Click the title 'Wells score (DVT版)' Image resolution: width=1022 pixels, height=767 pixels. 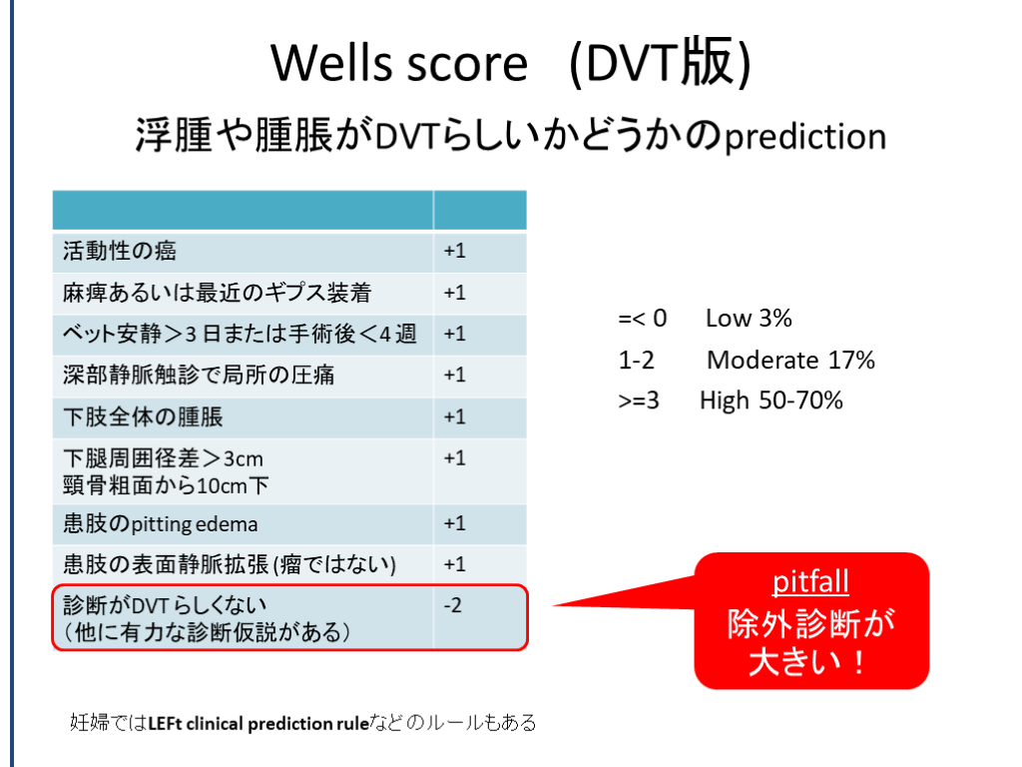click(x=511, y=63)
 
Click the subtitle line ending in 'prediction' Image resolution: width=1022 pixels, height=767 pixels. click(x=511, y=136)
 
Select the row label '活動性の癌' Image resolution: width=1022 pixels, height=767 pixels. click(x=120, y=251)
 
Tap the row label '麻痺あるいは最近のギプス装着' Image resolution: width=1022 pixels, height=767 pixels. click(x=217, y=293)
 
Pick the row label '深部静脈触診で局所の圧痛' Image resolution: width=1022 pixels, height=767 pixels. click(x=199, y=376)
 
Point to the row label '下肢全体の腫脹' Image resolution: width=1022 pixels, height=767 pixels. click(x=143, y=416)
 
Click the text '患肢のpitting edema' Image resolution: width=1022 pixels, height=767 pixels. click(x=161, y=523)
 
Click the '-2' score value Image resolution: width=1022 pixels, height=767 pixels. click(x=453, y=605)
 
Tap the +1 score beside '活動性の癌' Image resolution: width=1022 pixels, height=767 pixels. click(x=455, y=251)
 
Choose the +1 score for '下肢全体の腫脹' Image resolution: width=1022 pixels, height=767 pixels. click(x=455, y=416)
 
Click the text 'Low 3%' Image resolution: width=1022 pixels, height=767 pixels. click(x=749, y=319)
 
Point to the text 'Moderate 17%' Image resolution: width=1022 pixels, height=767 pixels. click(x=790, y=360)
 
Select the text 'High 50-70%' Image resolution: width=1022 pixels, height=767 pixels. click(x=771, y=400)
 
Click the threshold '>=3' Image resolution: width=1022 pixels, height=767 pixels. click(x=639, y=400)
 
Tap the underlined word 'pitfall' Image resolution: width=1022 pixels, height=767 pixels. click(x=810, y=582)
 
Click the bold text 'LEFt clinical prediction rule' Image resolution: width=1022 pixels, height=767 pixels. click(x=258, y=723)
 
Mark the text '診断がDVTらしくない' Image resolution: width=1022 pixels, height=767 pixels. click(x=165, y=606)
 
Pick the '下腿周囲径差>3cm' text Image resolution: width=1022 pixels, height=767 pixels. click(x=163, y=458)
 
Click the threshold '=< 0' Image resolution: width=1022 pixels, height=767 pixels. click(x=643, y=319)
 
